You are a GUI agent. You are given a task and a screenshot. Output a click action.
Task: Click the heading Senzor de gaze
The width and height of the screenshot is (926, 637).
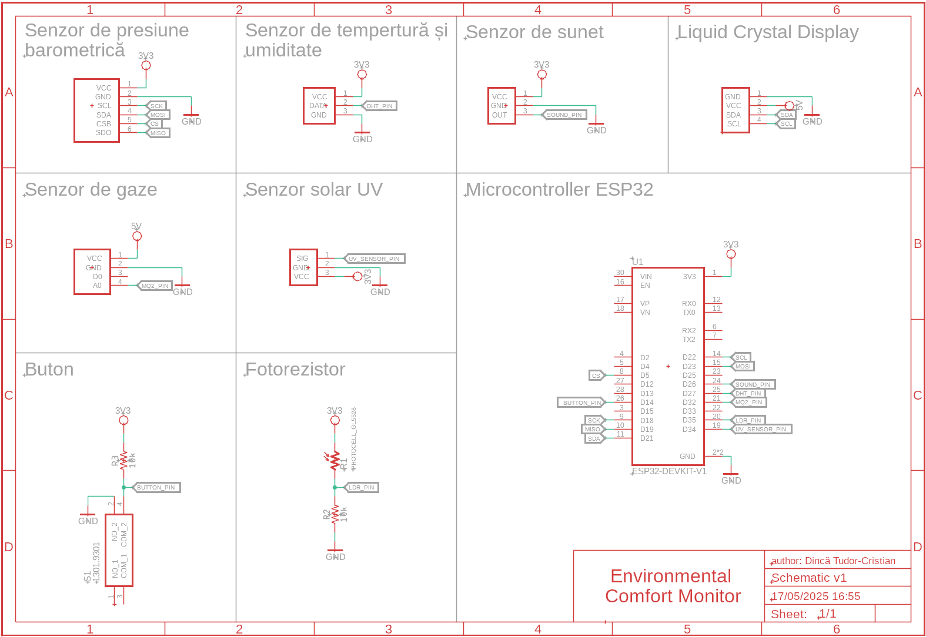coord(91,190)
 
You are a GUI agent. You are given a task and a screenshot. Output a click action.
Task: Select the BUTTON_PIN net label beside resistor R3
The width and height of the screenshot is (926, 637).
coord(156,487)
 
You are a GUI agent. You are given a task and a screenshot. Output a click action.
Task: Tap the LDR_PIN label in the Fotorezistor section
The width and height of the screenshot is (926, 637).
coord(362,487)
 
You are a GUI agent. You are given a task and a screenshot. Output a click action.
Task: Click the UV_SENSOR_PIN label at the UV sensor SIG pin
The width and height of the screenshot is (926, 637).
coord(375,259)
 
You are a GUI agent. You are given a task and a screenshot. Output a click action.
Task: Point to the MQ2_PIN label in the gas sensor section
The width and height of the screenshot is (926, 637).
coord(155,286)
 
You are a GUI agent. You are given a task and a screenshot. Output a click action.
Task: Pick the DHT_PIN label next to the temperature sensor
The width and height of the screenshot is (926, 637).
coord(380,106)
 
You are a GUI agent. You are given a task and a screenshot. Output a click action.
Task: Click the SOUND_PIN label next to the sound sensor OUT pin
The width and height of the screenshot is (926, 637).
coord(564,115)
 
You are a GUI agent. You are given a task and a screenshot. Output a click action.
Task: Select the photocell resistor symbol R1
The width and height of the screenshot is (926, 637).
coord(335,460)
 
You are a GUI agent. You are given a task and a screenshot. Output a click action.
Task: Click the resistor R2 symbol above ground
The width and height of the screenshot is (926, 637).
coord(335,515)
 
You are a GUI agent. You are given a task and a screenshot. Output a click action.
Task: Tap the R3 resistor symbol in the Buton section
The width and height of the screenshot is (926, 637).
coord(123,460)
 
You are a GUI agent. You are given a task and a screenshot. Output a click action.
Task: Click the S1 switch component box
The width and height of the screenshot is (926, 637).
coord(119,550)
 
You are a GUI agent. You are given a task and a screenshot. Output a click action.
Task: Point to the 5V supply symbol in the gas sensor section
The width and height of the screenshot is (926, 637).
coord(137,236)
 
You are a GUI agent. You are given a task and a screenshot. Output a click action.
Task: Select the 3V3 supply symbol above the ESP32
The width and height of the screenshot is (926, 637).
coord(731,253)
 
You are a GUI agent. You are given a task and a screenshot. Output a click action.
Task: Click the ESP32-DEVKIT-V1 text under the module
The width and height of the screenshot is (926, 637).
coord(670,471)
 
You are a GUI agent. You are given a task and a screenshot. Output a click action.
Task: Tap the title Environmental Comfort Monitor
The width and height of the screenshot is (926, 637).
coord(672,586)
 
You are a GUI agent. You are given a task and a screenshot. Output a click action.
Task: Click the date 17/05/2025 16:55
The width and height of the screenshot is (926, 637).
coord(815,596)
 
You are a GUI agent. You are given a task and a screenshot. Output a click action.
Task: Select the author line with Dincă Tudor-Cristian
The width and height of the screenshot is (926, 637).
coord(833,561)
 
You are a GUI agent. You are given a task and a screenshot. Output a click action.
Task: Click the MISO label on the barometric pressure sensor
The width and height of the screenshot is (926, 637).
coord(158,133)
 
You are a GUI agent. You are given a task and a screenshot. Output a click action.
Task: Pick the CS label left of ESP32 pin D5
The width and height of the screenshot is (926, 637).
coord(596,376)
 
